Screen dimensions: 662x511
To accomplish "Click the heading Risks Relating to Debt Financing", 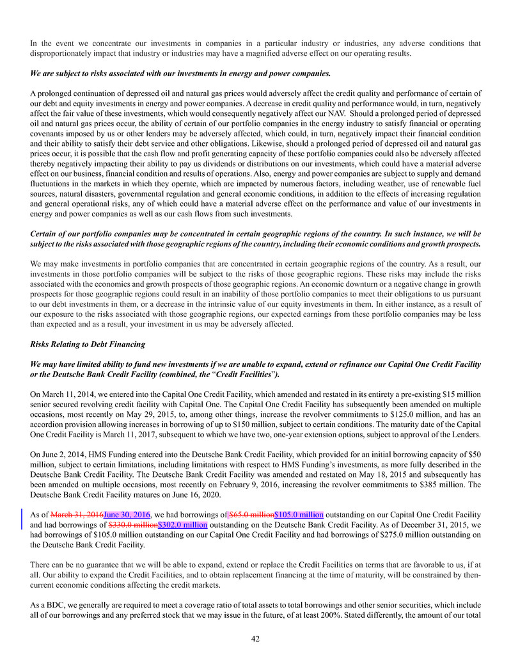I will (x=88, y=344).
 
